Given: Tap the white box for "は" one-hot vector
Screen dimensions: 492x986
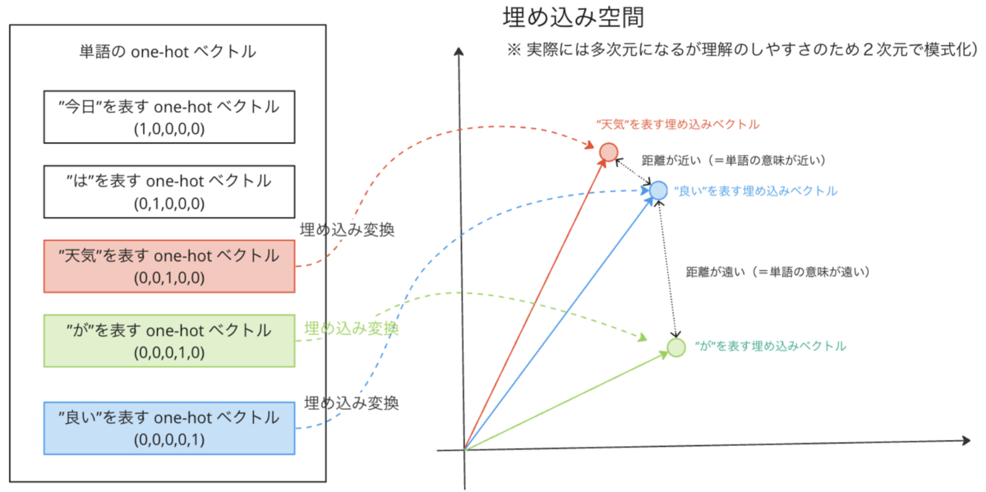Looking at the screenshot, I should [168, 190].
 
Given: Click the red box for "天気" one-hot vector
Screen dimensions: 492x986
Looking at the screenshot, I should [168, 265].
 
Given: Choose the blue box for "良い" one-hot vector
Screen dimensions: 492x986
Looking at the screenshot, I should [168, 427].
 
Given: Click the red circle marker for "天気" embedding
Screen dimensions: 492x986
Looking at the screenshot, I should [608, 152].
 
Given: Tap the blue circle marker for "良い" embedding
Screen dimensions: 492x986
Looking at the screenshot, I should [658, 191].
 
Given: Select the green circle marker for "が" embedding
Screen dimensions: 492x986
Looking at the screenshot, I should [675, 347].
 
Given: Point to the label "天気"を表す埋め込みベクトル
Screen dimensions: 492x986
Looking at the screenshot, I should [677, 125].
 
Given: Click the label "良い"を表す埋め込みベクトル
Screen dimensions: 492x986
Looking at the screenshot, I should [755, 191].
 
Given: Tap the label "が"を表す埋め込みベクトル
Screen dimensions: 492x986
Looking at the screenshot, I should [770, 347].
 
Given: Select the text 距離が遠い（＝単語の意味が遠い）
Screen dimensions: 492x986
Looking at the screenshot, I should [777, 270].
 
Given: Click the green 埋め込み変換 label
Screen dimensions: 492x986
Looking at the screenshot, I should [351, 329].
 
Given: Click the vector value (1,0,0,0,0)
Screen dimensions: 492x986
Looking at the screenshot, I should [168, 129].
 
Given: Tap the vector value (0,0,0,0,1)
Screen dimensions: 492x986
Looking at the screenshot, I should [168, 440].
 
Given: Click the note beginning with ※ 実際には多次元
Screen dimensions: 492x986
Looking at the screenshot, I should [742, 50].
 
